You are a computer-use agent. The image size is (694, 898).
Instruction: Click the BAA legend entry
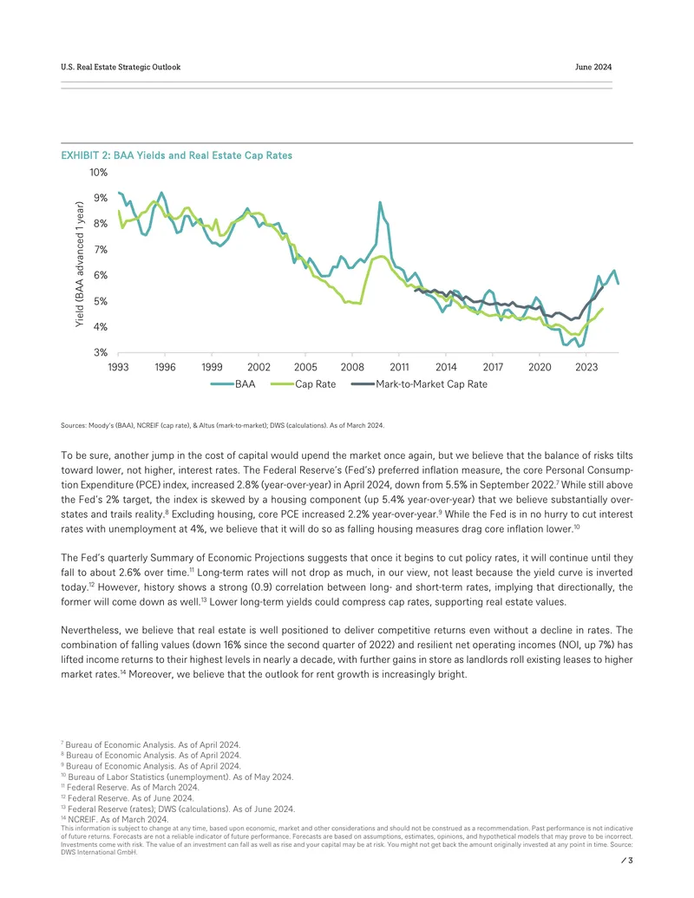click(233, 384)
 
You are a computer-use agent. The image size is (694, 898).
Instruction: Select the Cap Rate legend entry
click(303, 384)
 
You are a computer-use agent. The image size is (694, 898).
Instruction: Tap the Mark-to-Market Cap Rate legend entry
click(419, 384)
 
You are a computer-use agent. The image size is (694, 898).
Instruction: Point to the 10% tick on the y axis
click(99, 173)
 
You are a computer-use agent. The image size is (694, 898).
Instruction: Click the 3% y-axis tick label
click(101, 353)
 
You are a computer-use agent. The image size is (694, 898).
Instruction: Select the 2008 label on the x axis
click(352, 367)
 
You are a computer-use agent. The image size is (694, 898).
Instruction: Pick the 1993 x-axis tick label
click(119, 367)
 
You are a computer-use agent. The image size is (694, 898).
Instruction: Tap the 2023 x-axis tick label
click(586, 367)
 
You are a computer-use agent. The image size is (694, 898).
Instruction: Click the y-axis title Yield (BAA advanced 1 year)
click(80, 264)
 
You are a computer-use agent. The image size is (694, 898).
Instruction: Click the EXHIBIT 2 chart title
click(176, 155)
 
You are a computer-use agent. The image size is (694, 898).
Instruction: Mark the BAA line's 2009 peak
click(380, 202)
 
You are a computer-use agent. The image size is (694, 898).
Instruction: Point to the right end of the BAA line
click(619, 284)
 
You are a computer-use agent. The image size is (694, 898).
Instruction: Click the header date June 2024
click(593, 67)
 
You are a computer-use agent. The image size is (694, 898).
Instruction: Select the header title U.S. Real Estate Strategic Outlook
click(121, 67)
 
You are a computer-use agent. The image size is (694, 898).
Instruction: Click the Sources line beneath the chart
click(223, 425)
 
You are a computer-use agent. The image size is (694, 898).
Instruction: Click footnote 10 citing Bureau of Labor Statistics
click(177, 777)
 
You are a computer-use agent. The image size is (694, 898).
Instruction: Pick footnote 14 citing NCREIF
click(115, 819)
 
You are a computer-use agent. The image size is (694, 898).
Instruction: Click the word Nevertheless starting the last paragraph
click(90, 631)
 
